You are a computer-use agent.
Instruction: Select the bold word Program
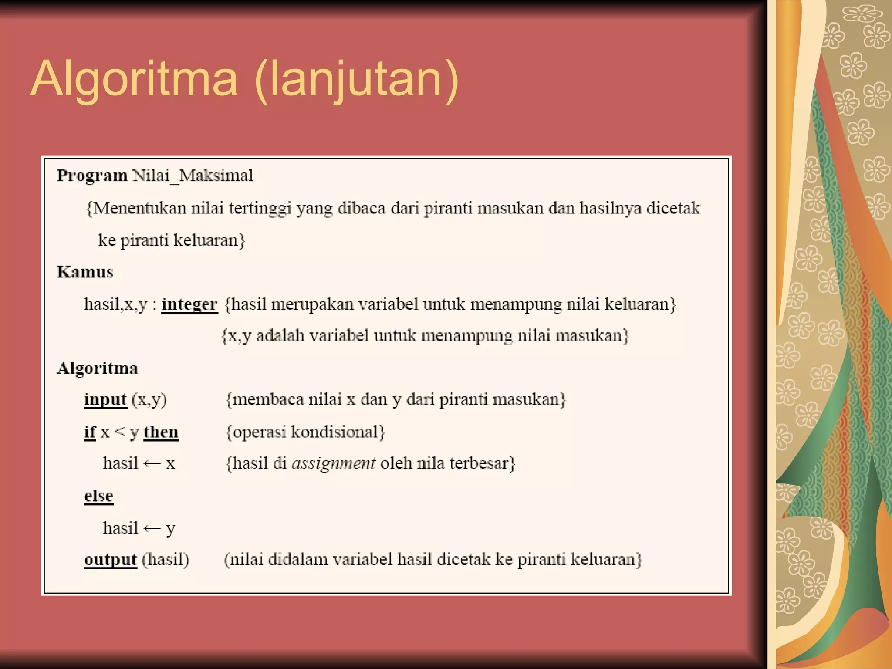(92, 176)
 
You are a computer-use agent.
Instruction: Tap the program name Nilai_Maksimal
(193, 176)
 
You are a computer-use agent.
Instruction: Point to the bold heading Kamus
(85, 272)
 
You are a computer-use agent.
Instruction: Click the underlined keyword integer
(189, 304)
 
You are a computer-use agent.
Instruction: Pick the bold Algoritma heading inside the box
(97, 368)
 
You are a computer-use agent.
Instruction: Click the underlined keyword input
(105, 399)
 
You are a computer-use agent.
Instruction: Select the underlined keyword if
(90, 432)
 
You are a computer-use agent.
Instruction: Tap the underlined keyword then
(161, 432)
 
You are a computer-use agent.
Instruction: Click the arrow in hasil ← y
(152, 528)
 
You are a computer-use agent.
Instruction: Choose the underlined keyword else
(99, 496)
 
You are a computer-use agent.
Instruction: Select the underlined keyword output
(111, 560)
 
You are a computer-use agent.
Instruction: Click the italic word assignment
(334, 463)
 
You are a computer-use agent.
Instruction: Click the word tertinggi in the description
(260, 208)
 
